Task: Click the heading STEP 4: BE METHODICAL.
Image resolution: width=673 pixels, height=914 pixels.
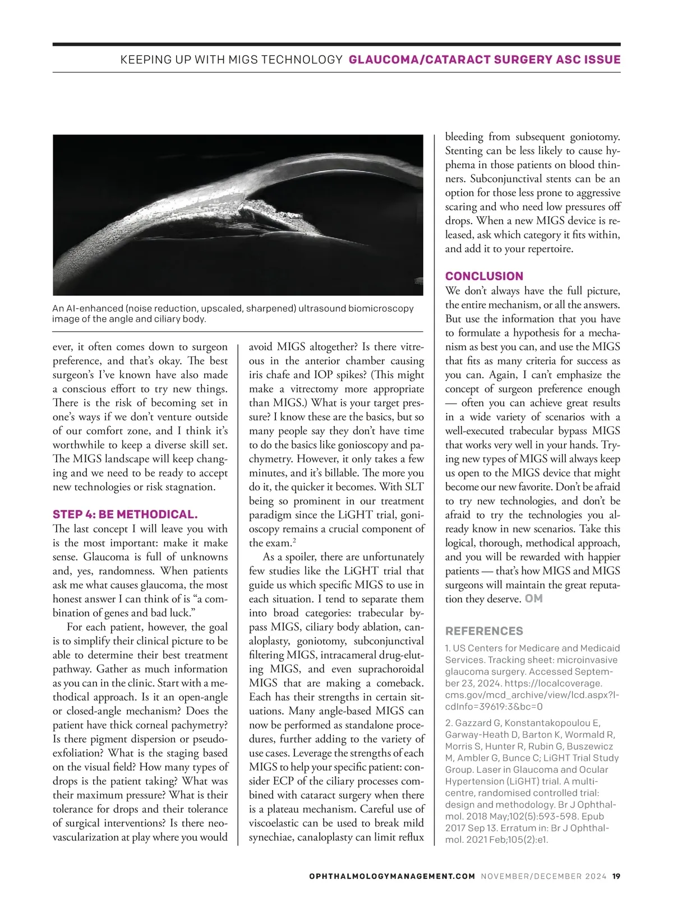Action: tap(125, 514)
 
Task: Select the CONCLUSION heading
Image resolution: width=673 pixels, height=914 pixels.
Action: tap(484, 276)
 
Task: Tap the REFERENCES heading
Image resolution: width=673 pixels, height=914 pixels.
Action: tap(484, 631)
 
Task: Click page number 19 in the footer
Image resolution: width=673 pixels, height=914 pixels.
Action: tap(616, 876)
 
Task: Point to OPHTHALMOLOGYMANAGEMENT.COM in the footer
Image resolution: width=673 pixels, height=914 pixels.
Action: tap(392, 876)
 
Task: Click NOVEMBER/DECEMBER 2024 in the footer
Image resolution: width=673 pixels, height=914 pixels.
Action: tap(543, 876)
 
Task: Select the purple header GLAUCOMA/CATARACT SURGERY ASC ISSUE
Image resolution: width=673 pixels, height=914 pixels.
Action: tap(485, 60)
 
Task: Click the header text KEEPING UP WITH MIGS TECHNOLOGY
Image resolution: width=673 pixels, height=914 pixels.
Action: tap(231, 60)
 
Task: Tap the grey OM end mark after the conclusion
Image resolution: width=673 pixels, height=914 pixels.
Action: tap(533, 599)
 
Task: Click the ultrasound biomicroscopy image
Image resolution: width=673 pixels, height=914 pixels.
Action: tap(238, 215)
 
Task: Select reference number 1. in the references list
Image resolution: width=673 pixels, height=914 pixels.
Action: tap(448, 648)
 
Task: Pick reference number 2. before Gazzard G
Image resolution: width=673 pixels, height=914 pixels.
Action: tap(449, 723)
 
